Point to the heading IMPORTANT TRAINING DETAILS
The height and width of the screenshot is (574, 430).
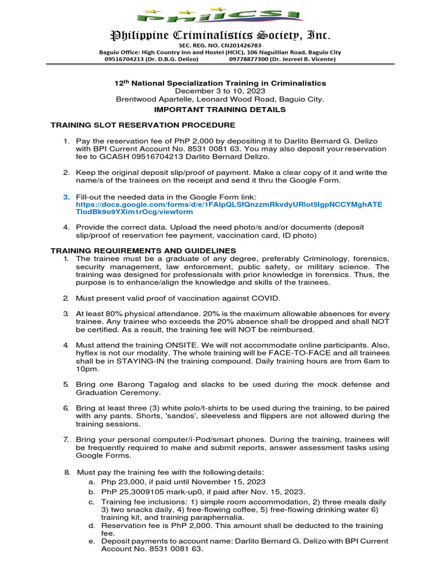[x=219, y=109]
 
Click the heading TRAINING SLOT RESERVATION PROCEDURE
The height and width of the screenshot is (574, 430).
[x=143, y=125]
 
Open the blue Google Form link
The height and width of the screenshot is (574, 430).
[x=229, y=209]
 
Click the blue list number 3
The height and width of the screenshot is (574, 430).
[x=66, y=197]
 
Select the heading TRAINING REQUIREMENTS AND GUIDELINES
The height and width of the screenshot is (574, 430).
[x=143, y=250]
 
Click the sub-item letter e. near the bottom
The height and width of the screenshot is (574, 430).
[x=91, y=541]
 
